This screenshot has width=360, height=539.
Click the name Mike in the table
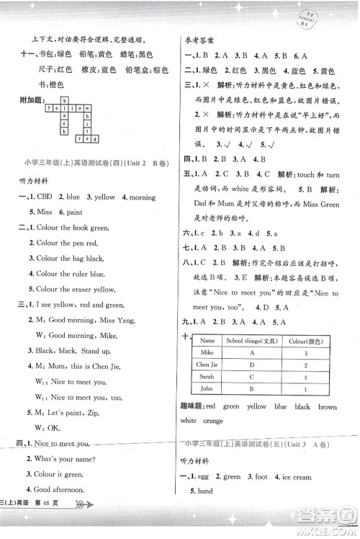(208, 354)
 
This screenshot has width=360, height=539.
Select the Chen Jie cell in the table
(208, 365)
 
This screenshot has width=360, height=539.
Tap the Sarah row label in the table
(208, 377)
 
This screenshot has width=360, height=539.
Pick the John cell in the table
(208, 389)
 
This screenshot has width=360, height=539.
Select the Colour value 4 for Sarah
(306, 377)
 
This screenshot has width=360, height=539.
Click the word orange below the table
(212, 420)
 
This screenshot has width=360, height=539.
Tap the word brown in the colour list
(328, 406)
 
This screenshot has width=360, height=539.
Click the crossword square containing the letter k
(65, 131)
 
